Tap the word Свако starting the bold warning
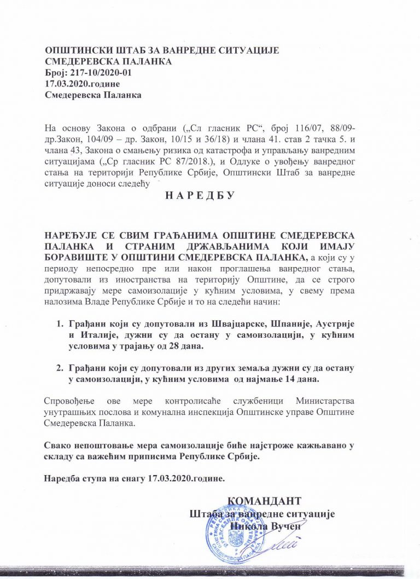57,445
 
